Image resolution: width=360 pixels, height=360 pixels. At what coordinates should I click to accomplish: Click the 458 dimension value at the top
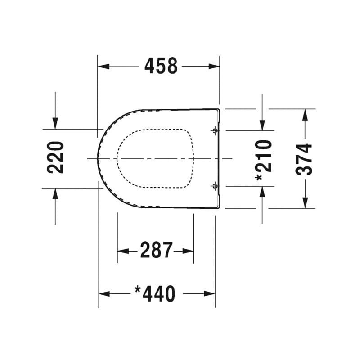coord(161,67)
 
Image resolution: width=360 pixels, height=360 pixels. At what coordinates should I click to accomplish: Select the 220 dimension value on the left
coord(56,157)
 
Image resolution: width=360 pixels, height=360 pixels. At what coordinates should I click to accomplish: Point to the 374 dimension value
coord(305,158)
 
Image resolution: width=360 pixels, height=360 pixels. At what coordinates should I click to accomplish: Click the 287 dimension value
coord(156,251)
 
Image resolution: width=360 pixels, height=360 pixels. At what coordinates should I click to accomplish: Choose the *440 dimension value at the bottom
coord(155,294)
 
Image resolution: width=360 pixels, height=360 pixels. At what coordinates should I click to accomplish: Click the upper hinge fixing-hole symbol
coord(215,131)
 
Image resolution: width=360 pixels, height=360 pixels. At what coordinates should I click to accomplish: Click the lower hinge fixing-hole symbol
coord(215,185)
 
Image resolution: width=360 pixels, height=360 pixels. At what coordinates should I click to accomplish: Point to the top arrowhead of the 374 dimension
coord(305,114)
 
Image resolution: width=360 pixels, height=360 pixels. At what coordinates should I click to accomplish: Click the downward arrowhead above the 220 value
coord(55,123)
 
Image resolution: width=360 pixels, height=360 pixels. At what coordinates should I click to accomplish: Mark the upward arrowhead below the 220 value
coord(55,193)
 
